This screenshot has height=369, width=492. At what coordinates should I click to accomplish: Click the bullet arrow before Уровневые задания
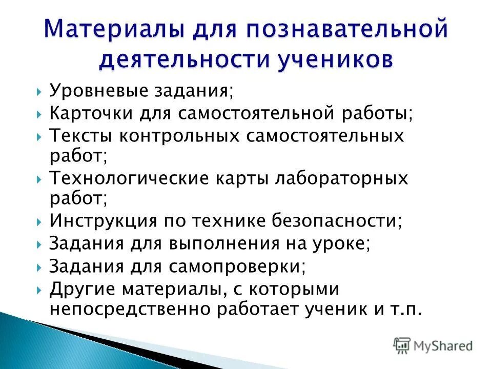pos(40,92)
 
